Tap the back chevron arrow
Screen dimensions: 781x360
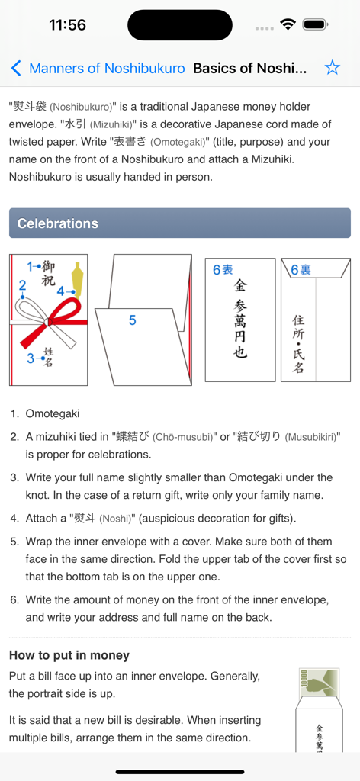[x=16, y=69]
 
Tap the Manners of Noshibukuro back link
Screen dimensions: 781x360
[x=107, y=69]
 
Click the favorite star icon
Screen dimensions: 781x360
[x=332, y=68]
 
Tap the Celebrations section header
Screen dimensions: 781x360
[x=180, y=223]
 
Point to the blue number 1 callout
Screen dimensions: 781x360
[x=31, y=266]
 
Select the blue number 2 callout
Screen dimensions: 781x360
[x=22, y=286]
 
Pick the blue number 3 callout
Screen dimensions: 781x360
[x=31, y=358]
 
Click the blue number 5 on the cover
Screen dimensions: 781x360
[x=132, y=320]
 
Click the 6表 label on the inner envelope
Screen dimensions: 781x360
[x=222, y=269]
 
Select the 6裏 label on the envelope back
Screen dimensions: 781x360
[x=301, y=270]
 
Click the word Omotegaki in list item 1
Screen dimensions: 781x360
[x=53, y=413]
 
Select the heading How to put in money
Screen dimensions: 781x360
[x=69, y=655]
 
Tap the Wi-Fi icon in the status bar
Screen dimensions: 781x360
[x=288, y=24]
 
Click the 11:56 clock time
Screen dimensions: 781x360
[x=67, y=24]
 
